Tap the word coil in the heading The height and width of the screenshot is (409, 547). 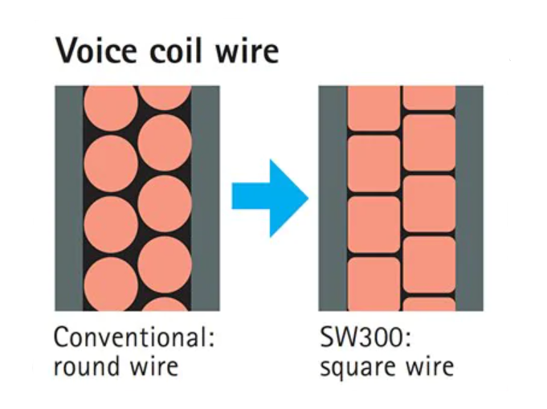point(179,51)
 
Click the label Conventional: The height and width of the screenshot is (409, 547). point(134,337)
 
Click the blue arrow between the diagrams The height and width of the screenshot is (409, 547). point(270,198)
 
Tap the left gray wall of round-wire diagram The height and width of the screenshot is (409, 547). point(68,198)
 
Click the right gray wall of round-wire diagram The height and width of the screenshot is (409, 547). point(205,198)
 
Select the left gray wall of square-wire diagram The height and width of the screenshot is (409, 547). point(333,198)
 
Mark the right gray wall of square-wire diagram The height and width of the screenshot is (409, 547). point(469,198)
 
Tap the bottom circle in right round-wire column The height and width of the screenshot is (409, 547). point(165,305)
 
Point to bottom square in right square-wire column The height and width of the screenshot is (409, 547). point(429,305)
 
